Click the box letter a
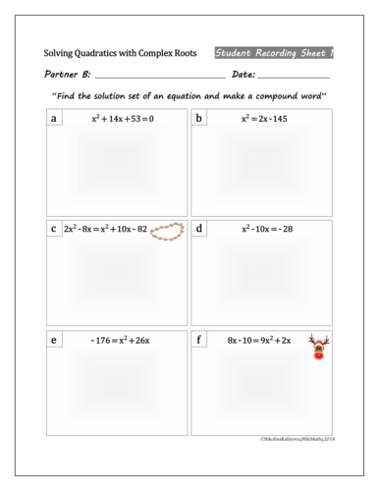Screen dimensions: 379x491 click(53, 119)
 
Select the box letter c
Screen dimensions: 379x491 click(53, 229)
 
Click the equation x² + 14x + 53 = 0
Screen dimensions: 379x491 click(123, 119)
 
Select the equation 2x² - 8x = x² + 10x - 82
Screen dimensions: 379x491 click(105, 229)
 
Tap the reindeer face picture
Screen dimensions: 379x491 click(319, 346)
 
